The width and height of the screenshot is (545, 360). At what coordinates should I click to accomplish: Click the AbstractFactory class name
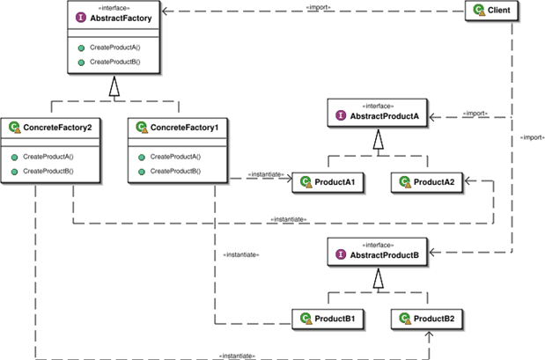pyautogui.click(x=121, y=18)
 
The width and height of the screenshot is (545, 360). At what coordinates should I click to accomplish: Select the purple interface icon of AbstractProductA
pyautogui.click(x=341, y=115)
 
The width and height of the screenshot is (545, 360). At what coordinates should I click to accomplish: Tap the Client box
pyautogui.click(x=492, y=11)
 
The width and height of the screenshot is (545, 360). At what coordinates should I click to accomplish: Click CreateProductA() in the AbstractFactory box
pyautogui.click(x=115, y=48)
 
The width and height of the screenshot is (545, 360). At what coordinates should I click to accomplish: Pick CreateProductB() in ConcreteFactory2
pyautogui.click(x=48, y=171)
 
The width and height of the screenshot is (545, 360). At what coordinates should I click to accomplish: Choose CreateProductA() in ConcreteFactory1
pyautogui.click(x=175, y=157)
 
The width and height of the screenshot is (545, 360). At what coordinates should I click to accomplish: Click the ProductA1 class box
pyautogui.click(x=328, y=182)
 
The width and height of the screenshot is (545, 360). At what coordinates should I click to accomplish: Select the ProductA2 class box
pyautogui.click(x=427, y=182)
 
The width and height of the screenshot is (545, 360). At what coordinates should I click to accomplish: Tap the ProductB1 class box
pyautogui.click(x=328, y=319)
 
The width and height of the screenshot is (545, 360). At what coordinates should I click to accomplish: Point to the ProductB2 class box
pyautogui.click(x=427, y=319)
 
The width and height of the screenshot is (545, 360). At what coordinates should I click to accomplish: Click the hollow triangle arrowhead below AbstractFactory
pyautogui.click(x=114, y=86)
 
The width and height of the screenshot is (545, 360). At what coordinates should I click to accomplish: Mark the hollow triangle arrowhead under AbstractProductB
pyautogui.click(x=379, y=278)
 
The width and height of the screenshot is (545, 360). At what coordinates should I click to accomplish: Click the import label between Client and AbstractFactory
pyautogui.click(x=319, y=7)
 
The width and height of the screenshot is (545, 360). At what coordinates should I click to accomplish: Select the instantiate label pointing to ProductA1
pyautogui.click(x=266, y=174)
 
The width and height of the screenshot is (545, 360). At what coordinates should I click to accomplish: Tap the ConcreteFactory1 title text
pyautogui.click(x=185, y=128)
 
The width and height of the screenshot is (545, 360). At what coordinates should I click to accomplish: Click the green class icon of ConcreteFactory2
pyautogui.click(x=15, y=127)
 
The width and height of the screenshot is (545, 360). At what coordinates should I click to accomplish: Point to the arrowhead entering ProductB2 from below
pyautogui.click(x=430, y=335)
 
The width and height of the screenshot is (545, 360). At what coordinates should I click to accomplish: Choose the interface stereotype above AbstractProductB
pyautogui.click(x=379, y=245)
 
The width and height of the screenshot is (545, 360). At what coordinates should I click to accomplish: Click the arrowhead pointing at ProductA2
pyautogui.click(x=468, y=180)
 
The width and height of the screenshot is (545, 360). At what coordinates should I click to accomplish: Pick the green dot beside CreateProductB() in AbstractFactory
pyautogui.click(x=81, y=62)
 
